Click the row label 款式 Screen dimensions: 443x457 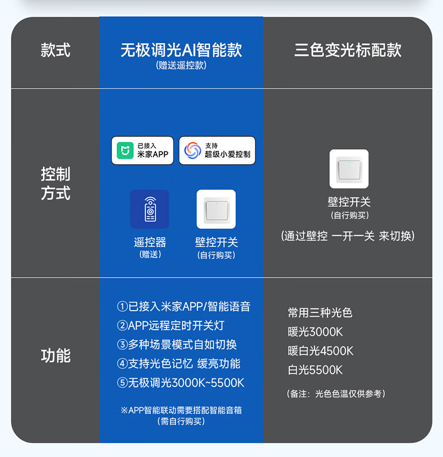pyautogui.click(x=56, y=50)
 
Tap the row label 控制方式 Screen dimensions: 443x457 pyautogui.click(x=56, y=183)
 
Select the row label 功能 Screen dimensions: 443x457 pyautogui.click(x=56, y=356)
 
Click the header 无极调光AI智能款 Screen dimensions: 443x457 pyautogui.click(x=181, y=50)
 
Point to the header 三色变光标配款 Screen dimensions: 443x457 pyautogui.click(x=348, y=50)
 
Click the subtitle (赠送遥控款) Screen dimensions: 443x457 pyautogui.click(x=181, y=66)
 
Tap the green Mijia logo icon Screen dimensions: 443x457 pyautogui.click(x=125, y=150)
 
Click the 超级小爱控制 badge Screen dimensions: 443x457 pyautogui.click(x=217, y=150)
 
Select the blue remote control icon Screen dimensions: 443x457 pyautogui.click(x=150, y=209)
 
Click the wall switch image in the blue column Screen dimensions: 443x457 pyautogui.click(x=216, y=209)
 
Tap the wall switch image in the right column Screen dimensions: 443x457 pyautogui.click(x=349, y=169)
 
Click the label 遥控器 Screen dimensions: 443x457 pyautogui.click(x=150, y=242)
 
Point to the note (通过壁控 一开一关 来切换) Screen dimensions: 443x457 pyautogui.click(x=348, y=236)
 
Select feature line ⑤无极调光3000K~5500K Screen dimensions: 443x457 pyautogui.click(x=181, y=383)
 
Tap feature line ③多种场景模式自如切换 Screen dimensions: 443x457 pyautogui.click(x=177, y=345)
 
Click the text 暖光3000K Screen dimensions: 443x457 pyautogui.click(x=315, y=332)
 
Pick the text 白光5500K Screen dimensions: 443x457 pyautogui.click(x=315, y=370)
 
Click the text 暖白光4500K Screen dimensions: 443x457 pyautogui.click(x=321, y=351)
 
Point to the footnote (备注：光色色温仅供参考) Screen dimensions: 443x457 pyautogui.click(x=336, y=394)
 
